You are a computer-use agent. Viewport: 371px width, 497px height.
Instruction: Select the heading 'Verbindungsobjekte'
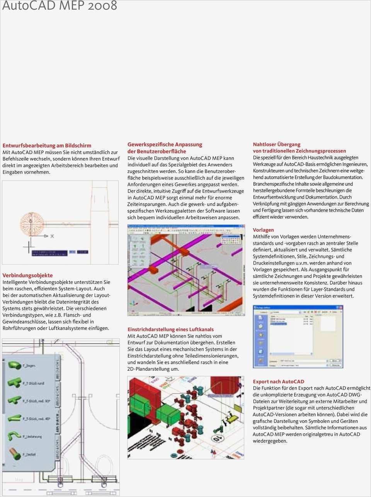(x=27, y=275)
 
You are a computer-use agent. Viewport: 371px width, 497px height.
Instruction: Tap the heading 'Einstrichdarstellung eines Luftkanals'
(x=170, y=329)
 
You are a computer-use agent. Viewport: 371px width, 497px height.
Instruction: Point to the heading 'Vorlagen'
(x=263, y=230)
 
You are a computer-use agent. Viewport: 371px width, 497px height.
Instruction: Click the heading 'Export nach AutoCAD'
(x=278, y=382)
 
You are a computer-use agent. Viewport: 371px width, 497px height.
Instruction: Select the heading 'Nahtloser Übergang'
(x=276, y=144)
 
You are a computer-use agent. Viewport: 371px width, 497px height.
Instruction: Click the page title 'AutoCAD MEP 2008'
(x=59, y=6)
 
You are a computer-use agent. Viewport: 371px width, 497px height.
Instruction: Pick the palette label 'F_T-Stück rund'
(x=33, y=383)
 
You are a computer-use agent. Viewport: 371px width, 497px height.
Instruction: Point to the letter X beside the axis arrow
(x=52, y=236)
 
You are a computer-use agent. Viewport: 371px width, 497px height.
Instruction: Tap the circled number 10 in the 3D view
(x=218, y=439)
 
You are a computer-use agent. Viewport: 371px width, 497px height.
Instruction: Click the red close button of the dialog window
(x=340, y=308)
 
